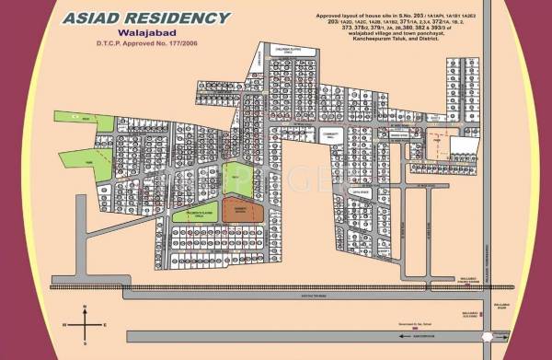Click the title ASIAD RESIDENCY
tap(147, 17)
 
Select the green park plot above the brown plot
tap(236, 179)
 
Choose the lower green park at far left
tap(79, 158)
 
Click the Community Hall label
tap(329, 135)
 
